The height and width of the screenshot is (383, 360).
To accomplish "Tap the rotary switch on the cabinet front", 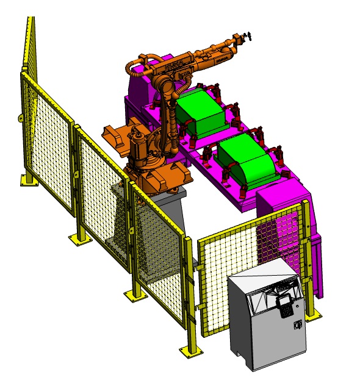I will coord(298,326).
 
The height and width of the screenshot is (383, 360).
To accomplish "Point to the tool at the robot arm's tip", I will coord(245,38).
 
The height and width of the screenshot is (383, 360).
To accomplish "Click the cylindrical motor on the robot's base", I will coord(139,146).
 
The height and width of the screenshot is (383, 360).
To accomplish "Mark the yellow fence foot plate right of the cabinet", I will coord(314,315).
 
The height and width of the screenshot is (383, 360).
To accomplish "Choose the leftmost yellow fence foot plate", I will coord(27,181).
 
